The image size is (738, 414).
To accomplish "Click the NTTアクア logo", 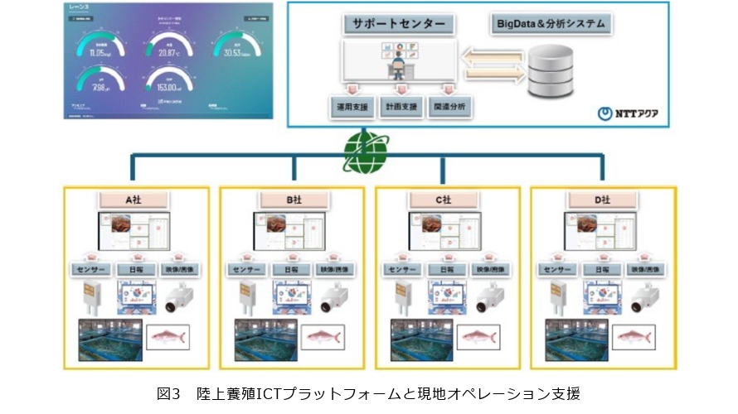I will (628, 113).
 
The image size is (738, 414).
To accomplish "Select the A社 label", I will (134, 200).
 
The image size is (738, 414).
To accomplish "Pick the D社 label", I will (603, 200).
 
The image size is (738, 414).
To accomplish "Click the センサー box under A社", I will (88, 270).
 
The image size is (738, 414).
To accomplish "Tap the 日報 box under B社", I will (290, 270).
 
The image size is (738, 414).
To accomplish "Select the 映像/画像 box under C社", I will (492, 270).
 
